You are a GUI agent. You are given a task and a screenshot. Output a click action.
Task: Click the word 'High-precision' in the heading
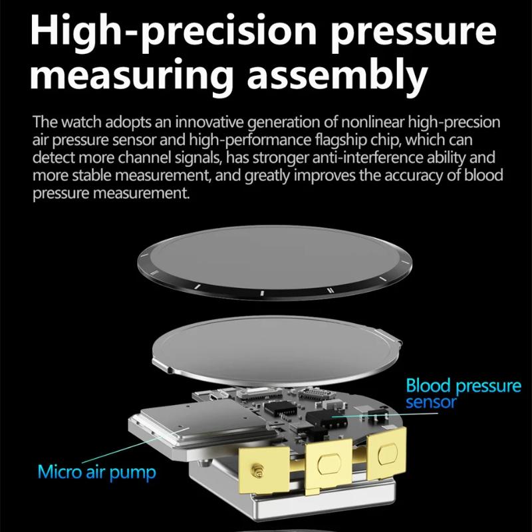[174, 31]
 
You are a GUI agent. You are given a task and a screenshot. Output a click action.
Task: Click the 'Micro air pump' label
[97, 472]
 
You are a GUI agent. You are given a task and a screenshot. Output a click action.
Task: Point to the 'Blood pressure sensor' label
[464, 394]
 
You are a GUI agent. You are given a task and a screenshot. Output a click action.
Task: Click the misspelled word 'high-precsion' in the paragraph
[454, 122]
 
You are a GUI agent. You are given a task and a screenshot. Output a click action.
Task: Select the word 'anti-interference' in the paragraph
[367, 158]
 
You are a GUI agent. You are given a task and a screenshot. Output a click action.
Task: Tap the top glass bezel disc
[275, 262]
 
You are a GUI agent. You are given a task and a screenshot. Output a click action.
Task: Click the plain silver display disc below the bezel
[277, 350]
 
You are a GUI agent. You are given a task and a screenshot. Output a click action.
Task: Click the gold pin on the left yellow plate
[255, 470]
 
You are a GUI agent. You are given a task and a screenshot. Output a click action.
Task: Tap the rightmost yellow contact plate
[387, 453]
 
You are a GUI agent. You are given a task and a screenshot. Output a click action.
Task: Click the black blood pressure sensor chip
[326, 420]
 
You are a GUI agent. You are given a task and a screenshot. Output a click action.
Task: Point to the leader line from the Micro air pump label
[136, 445]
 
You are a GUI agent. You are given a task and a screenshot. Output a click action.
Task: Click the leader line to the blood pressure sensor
[385, 415]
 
